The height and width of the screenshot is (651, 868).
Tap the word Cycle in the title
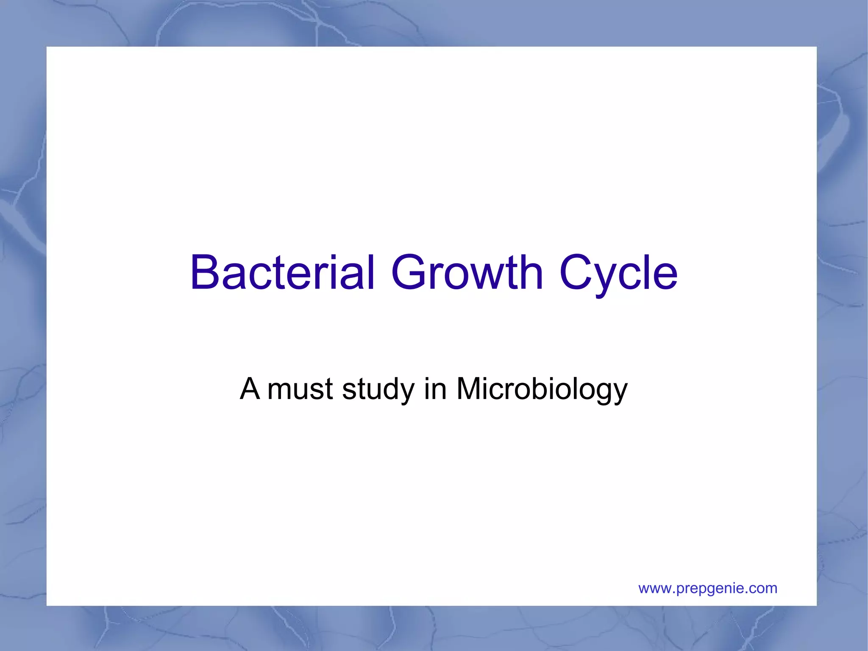coord(618,274)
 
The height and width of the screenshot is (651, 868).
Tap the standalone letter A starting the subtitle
coord(250,389)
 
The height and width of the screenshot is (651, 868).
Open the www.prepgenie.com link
coord(708,589)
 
